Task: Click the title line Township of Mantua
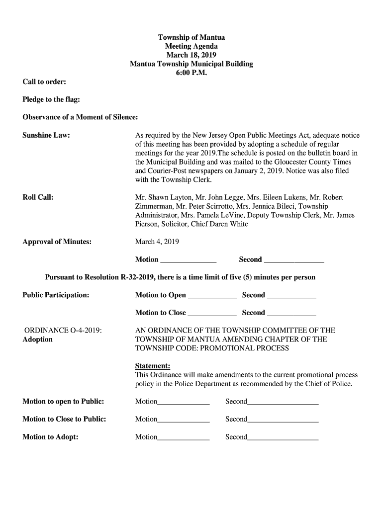(x=191, y=37)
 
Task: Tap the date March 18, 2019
(x=191, y=55)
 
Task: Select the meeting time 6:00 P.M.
(x=191, y=73)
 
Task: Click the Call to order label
(x=45, y=82)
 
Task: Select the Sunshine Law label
(x=46, y=135)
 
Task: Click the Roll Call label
(x=38, y=197)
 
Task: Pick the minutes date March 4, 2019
(x=157, y=242)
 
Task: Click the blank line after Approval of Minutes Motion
(x=189, y=260)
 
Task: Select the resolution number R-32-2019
(x=139, y=277)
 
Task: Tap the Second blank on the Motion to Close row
(x=291, y=313)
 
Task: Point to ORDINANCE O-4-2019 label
(x=64, y=330)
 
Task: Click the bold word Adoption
(x=38, y=339)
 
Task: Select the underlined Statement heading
(x=153, y=366)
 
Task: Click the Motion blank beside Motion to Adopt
(x=184, y=438)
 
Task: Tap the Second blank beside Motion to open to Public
(x=283, y=402)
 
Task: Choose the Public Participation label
(x=56, y=295)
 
